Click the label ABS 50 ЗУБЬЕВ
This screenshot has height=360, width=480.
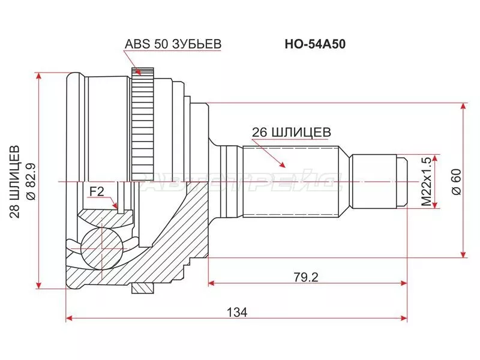point(173,44)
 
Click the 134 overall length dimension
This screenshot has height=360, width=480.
point(237,312)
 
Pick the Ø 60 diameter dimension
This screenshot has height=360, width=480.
point(455,181)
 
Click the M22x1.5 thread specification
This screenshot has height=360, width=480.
point(427,181)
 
